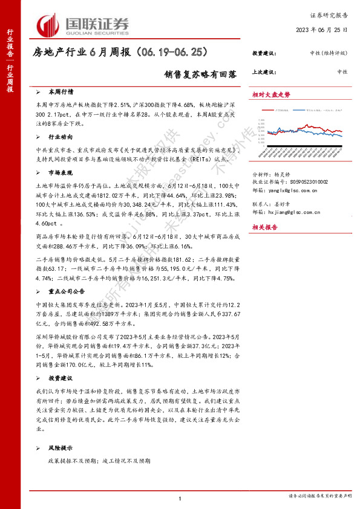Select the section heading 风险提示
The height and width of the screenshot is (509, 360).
[61, 449]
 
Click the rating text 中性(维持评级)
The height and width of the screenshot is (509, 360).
[330, 53]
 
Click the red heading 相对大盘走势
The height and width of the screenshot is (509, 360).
[271, 94]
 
